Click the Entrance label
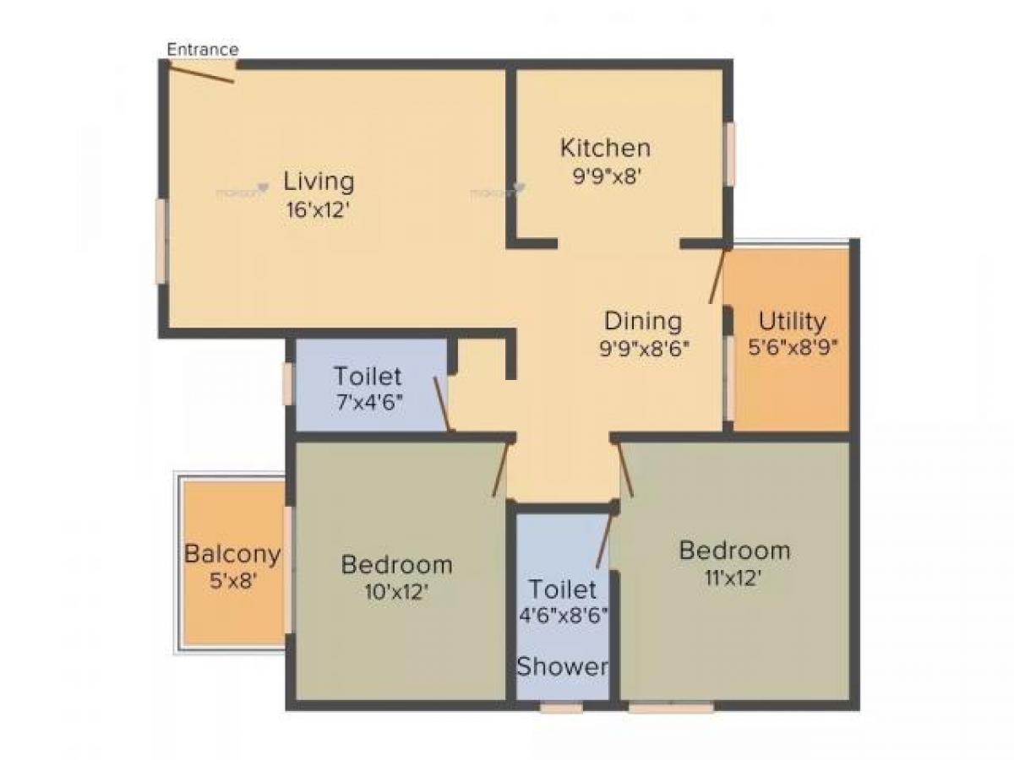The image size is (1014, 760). click(x=202, y=49)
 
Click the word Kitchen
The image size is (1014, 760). click(x=605, y=148)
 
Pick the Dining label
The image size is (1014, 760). click(x=642, y=321)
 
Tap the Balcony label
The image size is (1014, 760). click(x=232, y=554)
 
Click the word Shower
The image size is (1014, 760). click(x=562, y=666)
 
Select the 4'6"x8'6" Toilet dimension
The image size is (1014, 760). click(x=563, y=614)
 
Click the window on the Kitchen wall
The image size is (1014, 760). click(x=730, y=153)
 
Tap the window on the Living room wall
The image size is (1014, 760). click(x=161, y=241)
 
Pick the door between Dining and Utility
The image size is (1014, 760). click(x=717, y=276)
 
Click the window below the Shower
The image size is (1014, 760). click(x=561, y=708)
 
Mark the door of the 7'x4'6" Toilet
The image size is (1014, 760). click(x=441, y=404)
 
